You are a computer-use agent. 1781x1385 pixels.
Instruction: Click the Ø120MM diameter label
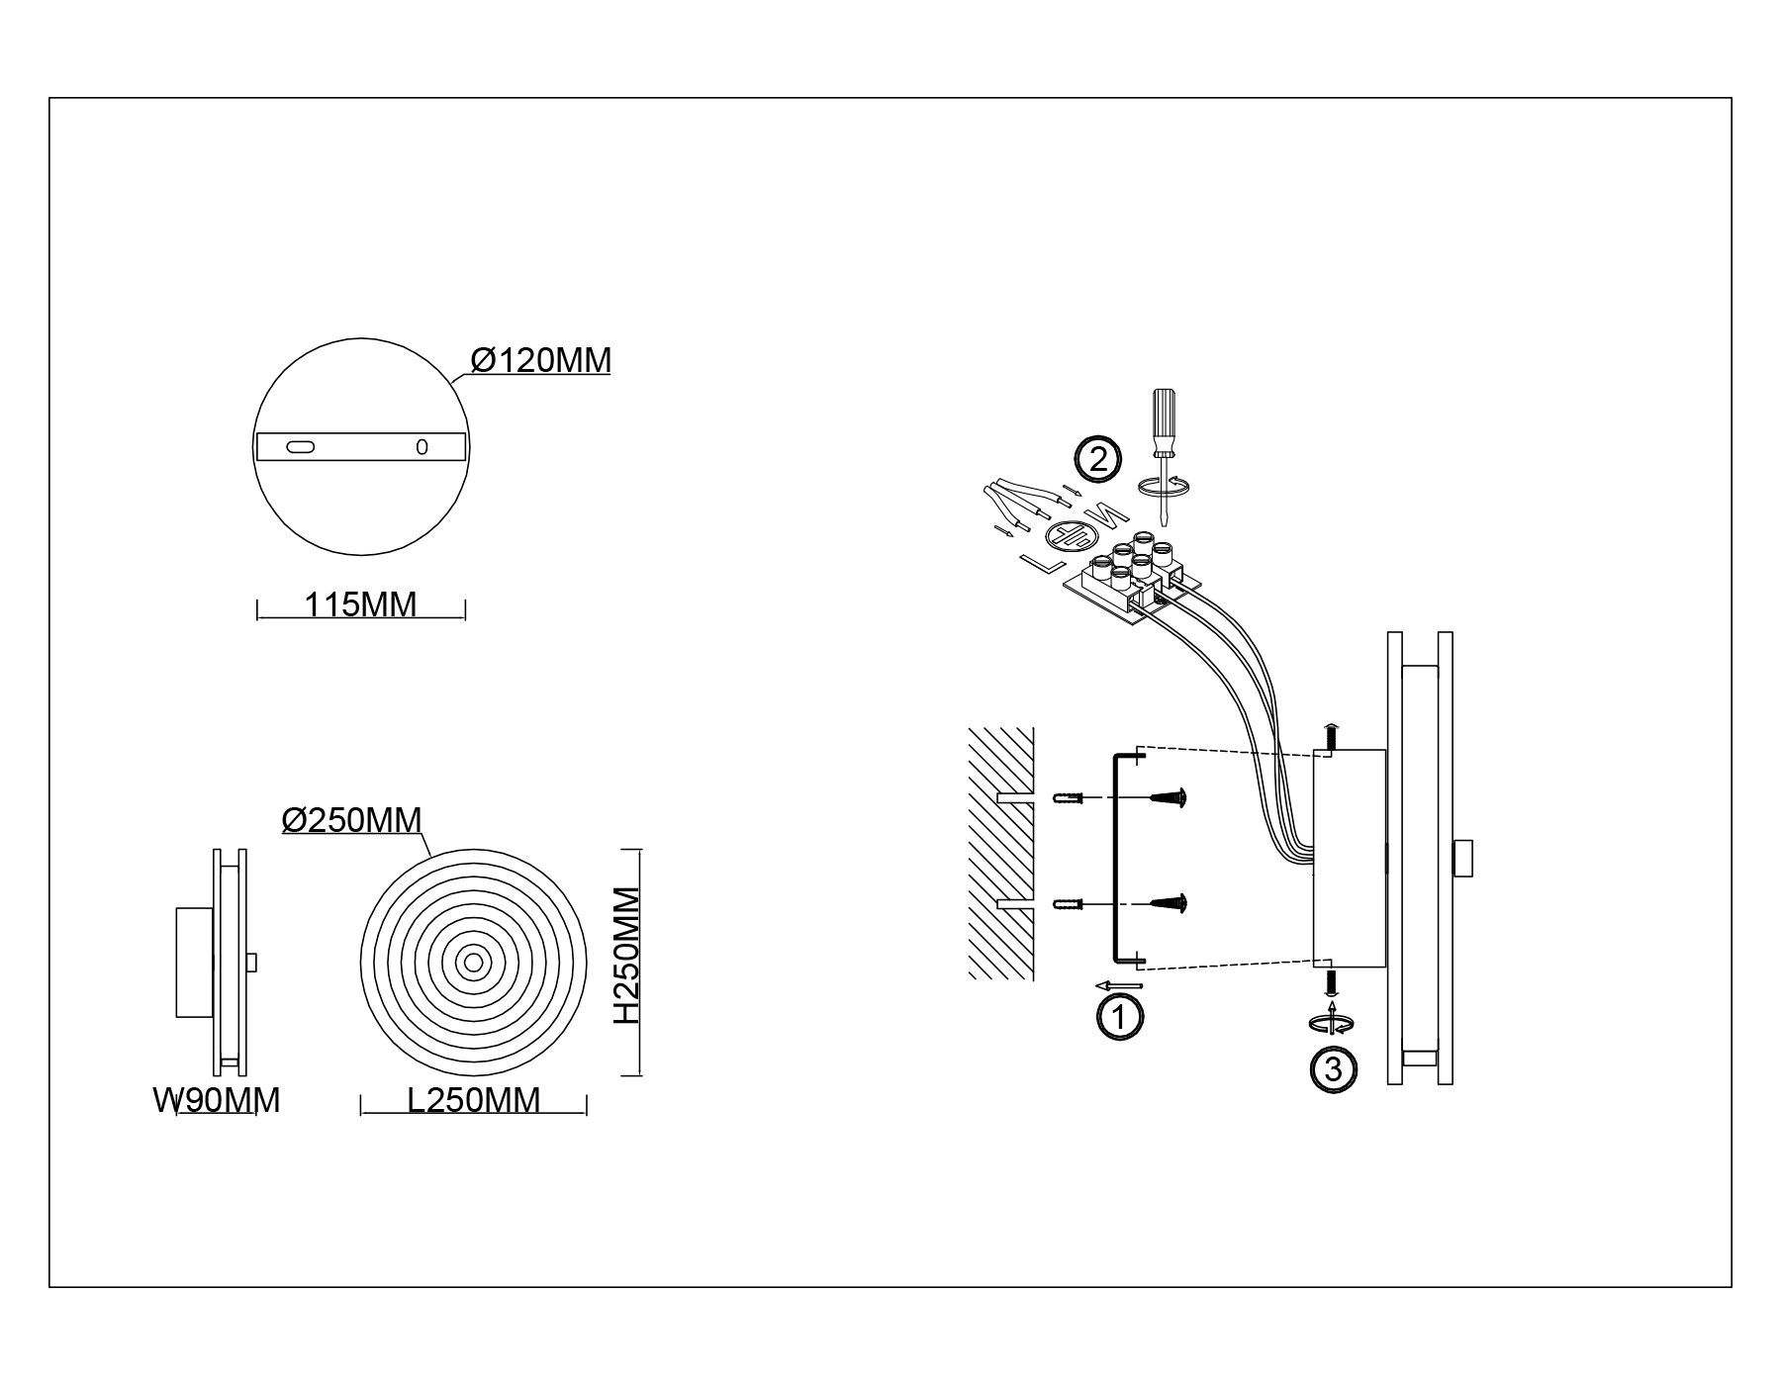pos(541,360)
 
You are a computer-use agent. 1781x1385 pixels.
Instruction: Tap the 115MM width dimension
pos(360,603)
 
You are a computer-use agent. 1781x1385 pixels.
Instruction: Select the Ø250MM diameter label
pos(352,820)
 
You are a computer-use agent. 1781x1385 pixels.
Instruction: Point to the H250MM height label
pos(625,956)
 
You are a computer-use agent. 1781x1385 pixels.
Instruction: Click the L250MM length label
pos(474,1100)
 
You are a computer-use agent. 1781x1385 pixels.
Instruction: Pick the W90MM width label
pos(217,1100)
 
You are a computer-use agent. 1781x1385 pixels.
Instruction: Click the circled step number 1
pos(1119,1018)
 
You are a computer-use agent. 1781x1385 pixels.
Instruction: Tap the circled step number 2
pos(1097,459)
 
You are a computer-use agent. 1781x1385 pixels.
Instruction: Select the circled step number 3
pos(1333,1069)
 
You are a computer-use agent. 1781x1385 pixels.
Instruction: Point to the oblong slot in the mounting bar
pos(300,447)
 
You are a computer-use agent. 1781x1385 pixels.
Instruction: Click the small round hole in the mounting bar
pos(422,447)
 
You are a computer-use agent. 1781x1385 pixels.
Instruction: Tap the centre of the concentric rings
pos(474,962)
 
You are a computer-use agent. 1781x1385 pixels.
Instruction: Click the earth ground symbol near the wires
pos(1069,536)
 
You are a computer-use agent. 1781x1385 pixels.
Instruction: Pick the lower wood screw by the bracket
pos(1169,902)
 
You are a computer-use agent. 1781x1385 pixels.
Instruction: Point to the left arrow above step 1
pos(1119,985)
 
